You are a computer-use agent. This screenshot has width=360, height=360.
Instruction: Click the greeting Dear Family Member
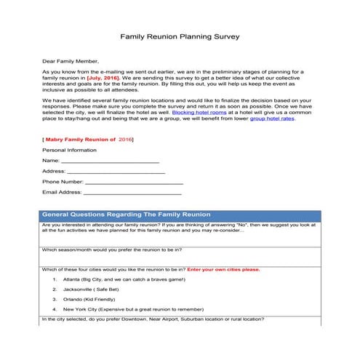70,61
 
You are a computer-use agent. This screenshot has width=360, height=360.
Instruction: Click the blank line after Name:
110,161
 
